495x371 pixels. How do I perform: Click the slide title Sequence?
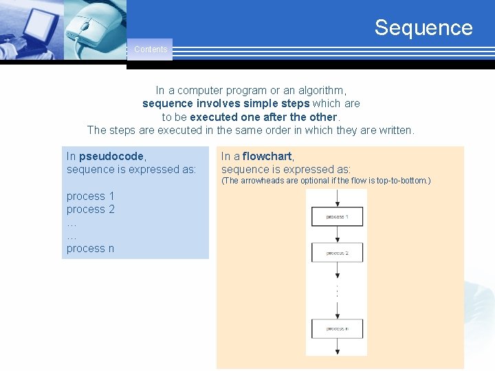click(x=423, y=27)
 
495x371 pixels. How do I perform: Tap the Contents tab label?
click(x=150, y=49)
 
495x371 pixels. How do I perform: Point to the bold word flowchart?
click(x=267, y=156)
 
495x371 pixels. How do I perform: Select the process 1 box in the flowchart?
click(x=337, y=216)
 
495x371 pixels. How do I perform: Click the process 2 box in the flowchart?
click(x=337, y=252)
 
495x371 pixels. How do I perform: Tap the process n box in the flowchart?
click(x=337, y=328)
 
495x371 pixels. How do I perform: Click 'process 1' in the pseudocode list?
click(x=90, y=196)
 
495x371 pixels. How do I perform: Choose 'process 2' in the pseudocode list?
click(x=90, y=210)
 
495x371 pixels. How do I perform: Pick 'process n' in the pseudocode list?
click(x=90, y=249)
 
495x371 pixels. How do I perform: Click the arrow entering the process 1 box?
click(x=337, y=199)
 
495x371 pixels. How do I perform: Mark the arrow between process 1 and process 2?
click(x=337, y=234)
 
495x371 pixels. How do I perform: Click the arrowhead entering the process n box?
click(x=337, y=315)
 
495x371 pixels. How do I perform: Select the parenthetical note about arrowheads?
click(x=325, y=181)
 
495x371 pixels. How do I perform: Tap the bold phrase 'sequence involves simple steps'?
click(x=225, y=104)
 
